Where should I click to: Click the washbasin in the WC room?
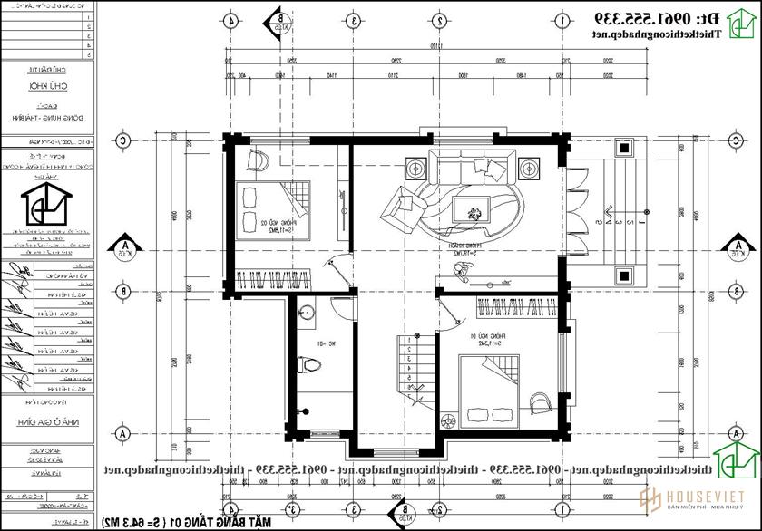point(308,313)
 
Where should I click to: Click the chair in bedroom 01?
point(539,401)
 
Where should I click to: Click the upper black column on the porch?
point(624,146)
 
